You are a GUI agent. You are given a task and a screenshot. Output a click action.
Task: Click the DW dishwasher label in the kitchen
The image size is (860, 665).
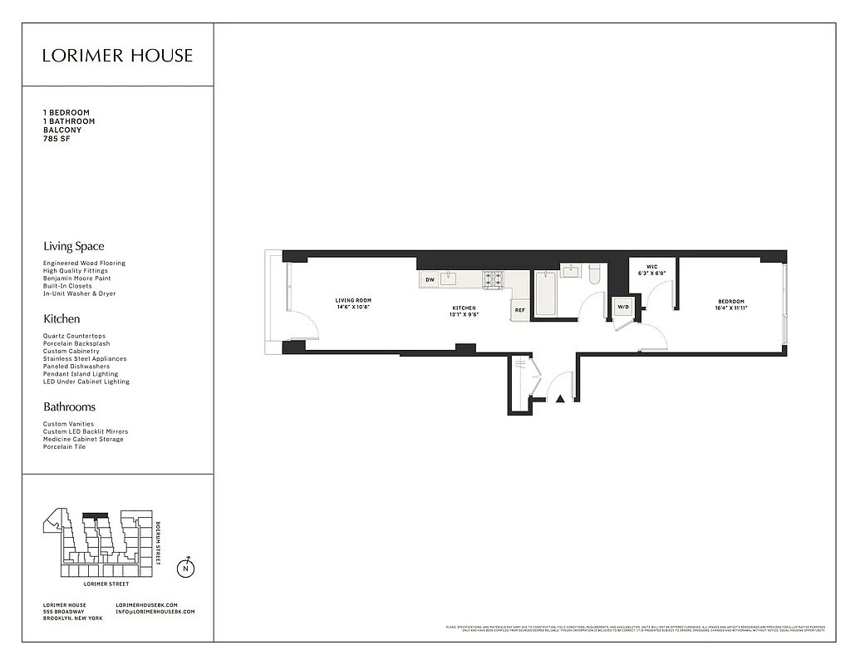(x=430, y=280)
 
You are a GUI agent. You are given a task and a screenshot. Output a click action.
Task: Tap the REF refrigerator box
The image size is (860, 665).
(x=519, y=310)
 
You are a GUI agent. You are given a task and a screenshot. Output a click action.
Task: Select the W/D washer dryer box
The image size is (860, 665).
(x=622, y=308)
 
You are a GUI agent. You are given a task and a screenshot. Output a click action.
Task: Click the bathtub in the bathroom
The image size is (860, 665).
(x=545, y=294)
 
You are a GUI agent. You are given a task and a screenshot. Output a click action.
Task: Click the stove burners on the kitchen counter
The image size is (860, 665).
(x=494, y=278)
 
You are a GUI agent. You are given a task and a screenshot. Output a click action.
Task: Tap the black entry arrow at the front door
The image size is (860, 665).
(x=560, y=400)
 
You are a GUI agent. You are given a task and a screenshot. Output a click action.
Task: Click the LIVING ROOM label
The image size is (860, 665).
(x=353, y=301)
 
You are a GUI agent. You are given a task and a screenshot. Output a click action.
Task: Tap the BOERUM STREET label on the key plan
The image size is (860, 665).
(x=158, y=544)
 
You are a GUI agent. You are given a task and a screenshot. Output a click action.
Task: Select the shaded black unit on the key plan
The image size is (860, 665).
(x=97, y=515)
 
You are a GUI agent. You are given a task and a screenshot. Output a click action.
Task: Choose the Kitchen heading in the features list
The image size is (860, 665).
(x=61, y=318)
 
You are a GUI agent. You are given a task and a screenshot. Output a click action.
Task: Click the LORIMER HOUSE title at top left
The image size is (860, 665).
(x=117, y=56)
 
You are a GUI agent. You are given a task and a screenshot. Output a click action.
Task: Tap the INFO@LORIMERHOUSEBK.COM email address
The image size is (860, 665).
(x=155, y=612)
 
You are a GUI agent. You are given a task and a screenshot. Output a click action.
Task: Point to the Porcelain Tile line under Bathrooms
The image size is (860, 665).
(x=65, y=447)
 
